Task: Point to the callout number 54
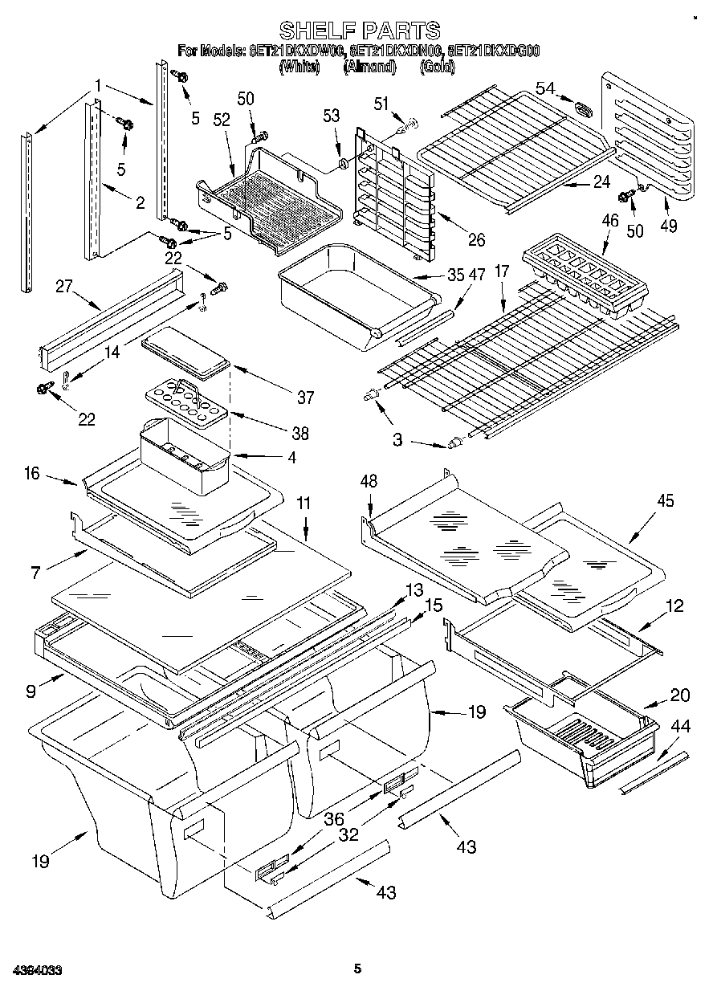[x=545, y=88]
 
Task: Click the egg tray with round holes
[x=185, y=401]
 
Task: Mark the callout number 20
[x=679, y=695]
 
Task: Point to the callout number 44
[x=679, y=727]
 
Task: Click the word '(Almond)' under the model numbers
[x=370, y=68]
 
